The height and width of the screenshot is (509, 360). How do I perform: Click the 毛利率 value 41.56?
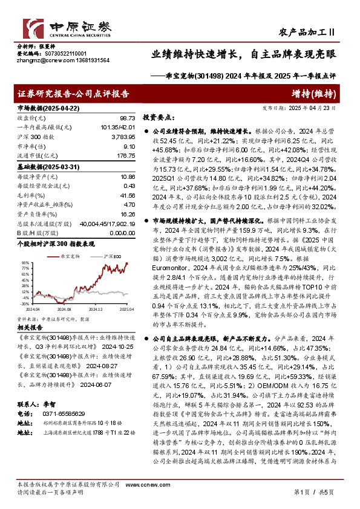(x=126, y=196)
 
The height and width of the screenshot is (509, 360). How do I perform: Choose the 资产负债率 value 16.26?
(x=126, y=213)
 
